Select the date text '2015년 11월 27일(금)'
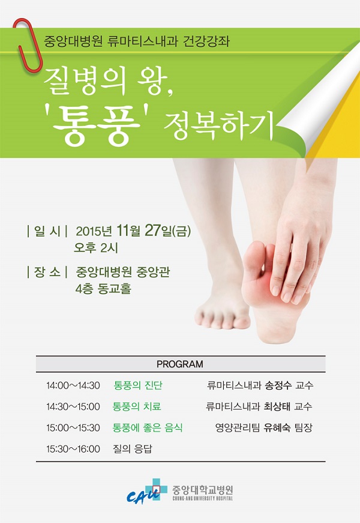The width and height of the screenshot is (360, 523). tap(133, 231)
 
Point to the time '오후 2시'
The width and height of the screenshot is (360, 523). tap(96, 248)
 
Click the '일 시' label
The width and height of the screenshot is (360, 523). tap(47, 231)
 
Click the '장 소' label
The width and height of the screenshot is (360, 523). tap(47, 272)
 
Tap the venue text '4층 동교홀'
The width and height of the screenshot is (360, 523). tap(103, 288)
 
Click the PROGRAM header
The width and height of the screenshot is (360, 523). tap(180, 364)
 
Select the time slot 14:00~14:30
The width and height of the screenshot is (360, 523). tap(73, 385)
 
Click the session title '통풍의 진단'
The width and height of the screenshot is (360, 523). tap(138, 385)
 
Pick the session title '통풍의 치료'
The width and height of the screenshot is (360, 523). tap(137, 407)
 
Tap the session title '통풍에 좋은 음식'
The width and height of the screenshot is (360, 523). tap(148, 428)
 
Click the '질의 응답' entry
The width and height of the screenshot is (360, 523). tap(133, 449)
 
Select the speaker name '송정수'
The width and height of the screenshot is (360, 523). tap(278, 385)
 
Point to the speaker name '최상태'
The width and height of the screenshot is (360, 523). tap(277, 407)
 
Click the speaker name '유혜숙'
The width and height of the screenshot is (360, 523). tap(277, 428)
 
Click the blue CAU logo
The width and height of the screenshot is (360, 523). tap(146, 491)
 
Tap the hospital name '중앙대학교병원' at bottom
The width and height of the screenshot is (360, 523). tap(203, 490)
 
